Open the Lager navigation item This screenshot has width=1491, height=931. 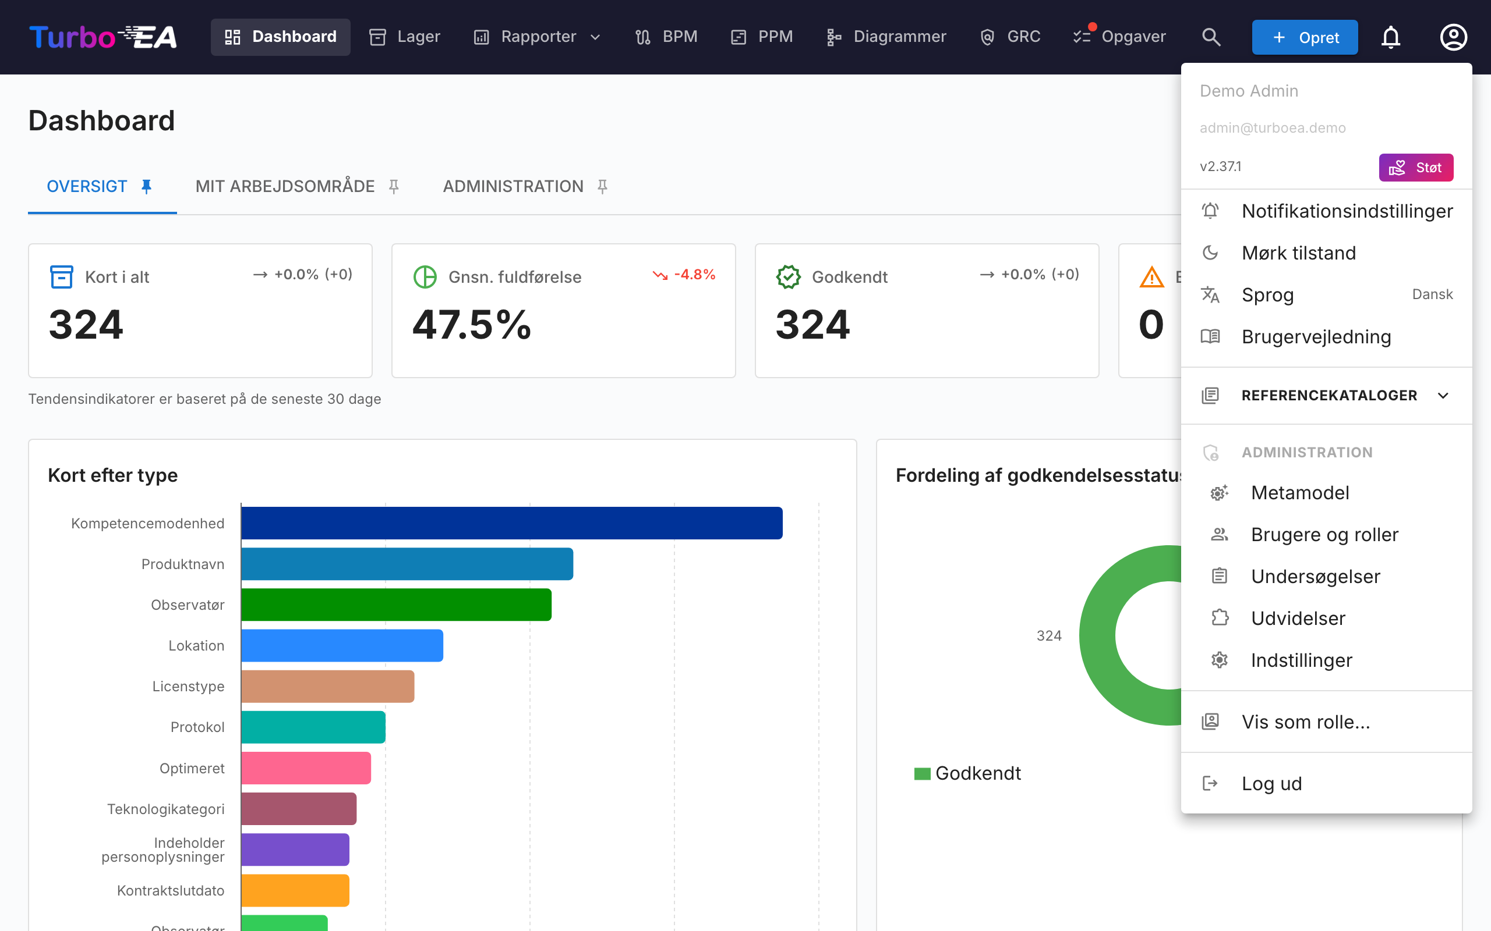tap(404, 37)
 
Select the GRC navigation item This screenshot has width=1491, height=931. tap(1010, 37)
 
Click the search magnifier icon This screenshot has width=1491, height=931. tap(1211, 37)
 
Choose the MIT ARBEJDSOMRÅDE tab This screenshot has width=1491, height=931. tap(285, 186)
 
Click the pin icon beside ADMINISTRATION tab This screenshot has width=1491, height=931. tap(603, 186)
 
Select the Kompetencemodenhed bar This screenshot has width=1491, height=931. tap(511, 523)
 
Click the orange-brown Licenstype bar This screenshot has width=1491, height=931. tap(328, 686)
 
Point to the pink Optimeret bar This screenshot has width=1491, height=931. tap(306, 768)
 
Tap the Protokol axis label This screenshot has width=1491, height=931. tap(197, 727)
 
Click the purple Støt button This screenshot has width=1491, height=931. tap(1416, 168)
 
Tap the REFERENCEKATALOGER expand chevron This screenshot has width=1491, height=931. tap(1443, 395)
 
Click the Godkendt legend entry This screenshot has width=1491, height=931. tap(967, 773)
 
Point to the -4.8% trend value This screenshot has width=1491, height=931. tap(694, 274)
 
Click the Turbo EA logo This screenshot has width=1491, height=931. tap(103, 37)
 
